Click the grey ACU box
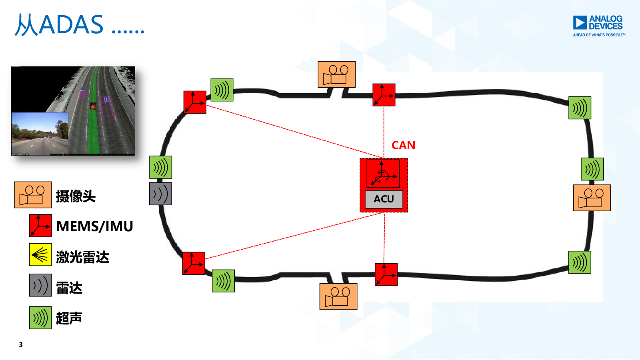point(384,199)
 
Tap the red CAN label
point(403,145)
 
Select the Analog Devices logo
point(598,26)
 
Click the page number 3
point(21,345)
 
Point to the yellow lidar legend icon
point(40,254)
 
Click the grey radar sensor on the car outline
point(160,194)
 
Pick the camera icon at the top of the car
point(336,74)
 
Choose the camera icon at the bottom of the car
point(338,296)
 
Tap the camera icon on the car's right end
point(592,198)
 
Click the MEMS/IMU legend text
point(94,226)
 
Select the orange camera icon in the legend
point(33,195)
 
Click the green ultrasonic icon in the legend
point(40,318)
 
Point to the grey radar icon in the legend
point(40,285)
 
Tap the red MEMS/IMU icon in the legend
point(40,226)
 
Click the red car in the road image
point(93,106)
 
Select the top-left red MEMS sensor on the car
point(195,102)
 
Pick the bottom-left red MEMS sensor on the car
point(194,263)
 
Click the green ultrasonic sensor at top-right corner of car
point(580,108)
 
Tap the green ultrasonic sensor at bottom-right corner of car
point(580,262)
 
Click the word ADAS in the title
point(71,25)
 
